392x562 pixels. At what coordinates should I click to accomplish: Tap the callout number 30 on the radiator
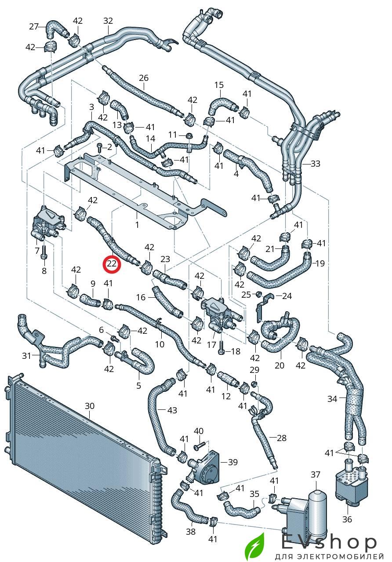(90, 406)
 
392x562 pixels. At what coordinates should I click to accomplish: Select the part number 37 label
(316, 474)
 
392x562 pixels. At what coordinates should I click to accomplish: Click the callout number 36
(347, 519)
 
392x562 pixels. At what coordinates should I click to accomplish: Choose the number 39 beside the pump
(232, 462)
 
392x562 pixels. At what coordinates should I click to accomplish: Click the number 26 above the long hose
(144, 78)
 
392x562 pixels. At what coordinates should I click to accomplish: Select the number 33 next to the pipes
(315, 164)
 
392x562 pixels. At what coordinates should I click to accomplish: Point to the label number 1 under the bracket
(137, 224)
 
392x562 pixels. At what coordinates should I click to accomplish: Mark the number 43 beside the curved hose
(172, 410)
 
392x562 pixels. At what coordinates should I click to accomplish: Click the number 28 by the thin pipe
(281, 438)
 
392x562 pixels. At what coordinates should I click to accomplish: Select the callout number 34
(332, 399)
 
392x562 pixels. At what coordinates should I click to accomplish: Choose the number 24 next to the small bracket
(287, 296)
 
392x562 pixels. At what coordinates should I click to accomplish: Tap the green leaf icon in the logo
(255, 546)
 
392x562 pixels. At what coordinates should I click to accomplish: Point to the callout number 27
(34, 26)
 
